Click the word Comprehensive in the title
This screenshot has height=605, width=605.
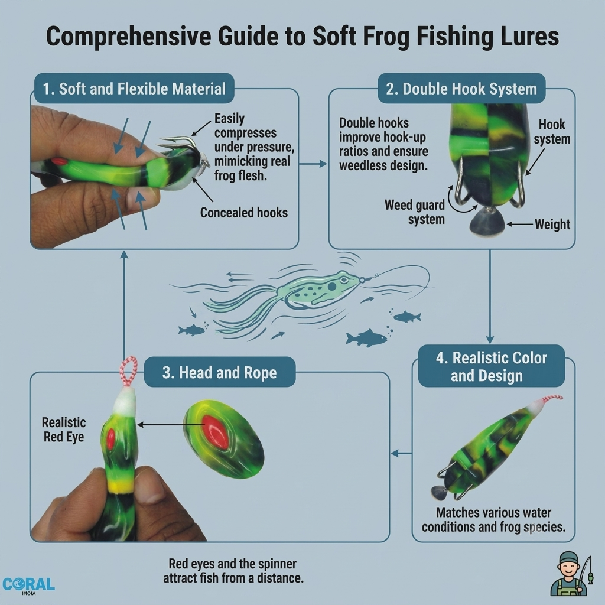pyautogui.click(x=128, y=36)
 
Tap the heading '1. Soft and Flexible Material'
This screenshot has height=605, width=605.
pyautogui.click(x=134, y=89)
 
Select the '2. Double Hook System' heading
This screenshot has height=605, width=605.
pyautogui.click(x=461, y=89)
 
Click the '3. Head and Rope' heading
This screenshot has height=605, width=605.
pyautogui.click(x=220, y=372)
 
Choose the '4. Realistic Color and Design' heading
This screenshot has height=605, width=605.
pyautogui.click(x=491, y=366)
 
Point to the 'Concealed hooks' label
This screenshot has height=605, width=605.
pyautogui.click(x=244, y=213)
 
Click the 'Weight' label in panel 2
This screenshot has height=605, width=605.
pyautogui.click(x=552, y=224)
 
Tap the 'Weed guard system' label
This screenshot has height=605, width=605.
pyautogui.click(x=415, y=212)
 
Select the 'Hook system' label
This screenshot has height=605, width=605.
pyautogui.click(x=552, y=132)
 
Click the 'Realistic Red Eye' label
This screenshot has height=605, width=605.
pyautogui.click(x=64, y=430)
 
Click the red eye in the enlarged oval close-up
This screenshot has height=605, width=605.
pyautogui.click(x=216, y=432)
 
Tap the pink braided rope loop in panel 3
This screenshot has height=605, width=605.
pyautogui.click(x=128, y=371)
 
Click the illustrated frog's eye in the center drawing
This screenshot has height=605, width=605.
pyautogui.click(x=331, y=287)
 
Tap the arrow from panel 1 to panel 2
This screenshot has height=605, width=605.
pyautogui.click(x=313, y=164)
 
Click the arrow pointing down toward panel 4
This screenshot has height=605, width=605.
pyautogui.click(x=490, y=297)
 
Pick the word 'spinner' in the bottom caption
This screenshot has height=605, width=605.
pyautogui.click(x=278, y=564)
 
